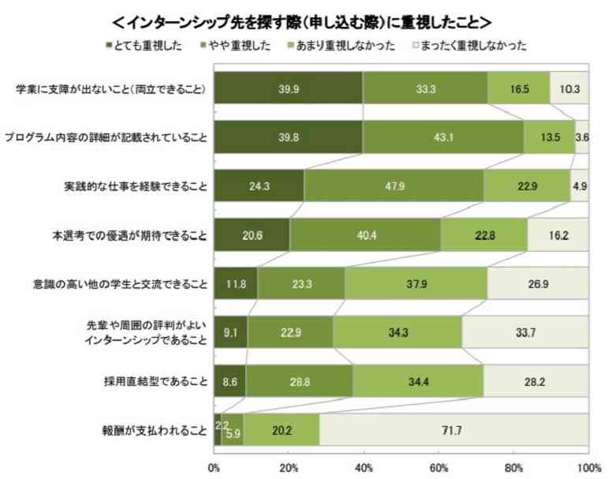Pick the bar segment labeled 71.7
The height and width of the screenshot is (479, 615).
tap(453, 430)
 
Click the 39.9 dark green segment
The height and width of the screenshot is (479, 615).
tap(288, 88)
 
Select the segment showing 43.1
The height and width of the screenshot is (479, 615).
tap(442, 137)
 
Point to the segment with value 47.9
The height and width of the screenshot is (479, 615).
tap(393, 185)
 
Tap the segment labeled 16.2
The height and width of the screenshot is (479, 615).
tap(557, 234)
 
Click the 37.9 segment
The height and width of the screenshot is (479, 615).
tap(416, 283)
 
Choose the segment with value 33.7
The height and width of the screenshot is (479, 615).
tap(524, 332)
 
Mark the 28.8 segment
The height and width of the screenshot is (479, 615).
tap(299, 381)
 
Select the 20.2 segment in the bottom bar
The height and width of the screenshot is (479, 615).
tap(281, 430)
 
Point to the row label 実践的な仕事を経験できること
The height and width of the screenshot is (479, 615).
tap(136, 186)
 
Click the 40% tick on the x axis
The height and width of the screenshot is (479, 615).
tap(363, 466)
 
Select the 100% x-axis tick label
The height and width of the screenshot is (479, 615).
tap(587, 466)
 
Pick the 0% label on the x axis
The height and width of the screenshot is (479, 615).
tap(214, 466)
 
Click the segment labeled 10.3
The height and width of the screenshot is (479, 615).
tap(568, 88)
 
